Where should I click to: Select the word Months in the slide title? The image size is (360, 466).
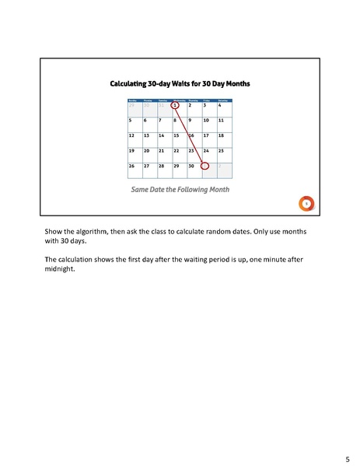click(236, 83)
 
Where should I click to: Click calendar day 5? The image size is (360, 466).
click(131, 121)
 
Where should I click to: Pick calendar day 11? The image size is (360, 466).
click(221, 121)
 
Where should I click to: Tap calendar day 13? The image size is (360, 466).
click(146, 135)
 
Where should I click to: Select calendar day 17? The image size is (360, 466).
click(206, 135)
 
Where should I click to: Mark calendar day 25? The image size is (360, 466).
click(221, 150)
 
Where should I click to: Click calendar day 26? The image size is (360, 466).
click(131, 165)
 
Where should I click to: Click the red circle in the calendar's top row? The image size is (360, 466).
click(176, 106)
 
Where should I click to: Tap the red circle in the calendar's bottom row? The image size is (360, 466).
click(205, 166)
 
